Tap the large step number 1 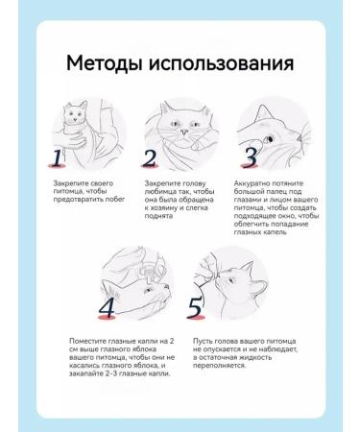[x=58, y=157]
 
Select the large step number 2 [x=150, y=157]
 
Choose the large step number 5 [x=196, y=307]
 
